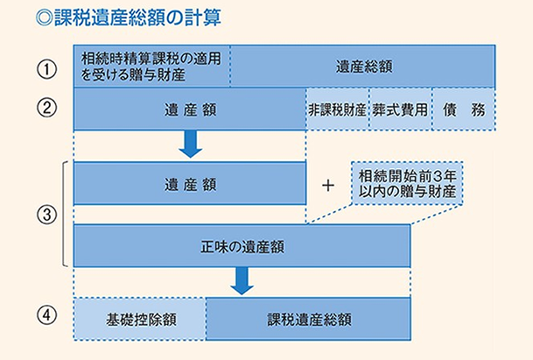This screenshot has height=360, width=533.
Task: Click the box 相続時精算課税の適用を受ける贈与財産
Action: (x=151, y=67)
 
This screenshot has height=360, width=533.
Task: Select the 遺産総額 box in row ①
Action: (x=362, y=67)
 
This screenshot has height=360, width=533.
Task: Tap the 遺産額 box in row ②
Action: (x=189, y=109)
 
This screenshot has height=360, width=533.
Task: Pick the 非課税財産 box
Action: (x=337, y=109)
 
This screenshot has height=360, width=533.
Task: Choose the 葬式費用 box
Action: (x=400, y=109)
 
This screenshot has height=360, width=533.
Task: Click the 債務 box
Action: (x=464, y=109)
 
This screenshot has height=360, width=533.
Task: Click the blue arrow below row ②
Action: (x=189, y=144)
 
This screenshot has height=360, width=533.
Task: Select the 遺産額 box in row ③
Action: (x=189, y=185)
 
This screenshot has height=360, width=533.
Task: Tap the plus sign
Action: (x=328, y=186)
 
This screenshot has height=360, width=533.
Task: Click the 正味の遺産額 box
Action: (x=242, y=246)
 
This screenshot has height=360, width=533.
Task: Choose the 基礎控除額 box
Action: (x=139, y=318)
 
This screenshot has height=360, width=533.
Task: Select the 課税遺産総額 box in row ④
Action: (x=308, y=318)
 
